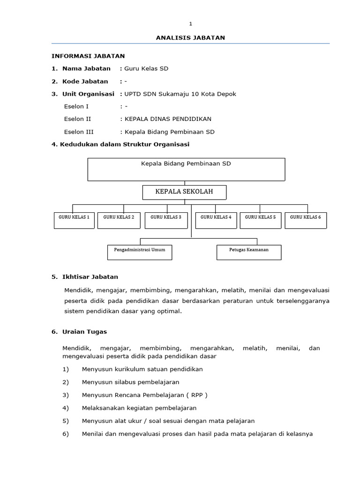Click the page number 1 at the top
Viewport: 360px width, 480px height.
point(190,24)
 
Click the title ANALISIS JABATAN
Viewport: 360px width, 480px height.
point(190,38)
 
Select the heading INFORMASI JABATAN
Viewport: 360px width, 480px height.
point(88,56)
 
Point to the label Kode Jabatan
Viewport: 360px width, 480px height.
point(85,81)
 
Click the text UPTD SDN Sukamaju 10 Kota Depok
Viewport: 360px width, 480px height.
point(180,94)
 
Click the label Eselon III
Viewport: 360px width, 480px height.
point(78,132)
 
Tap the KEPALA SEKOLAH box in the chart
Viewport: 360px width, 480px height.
point(184,192)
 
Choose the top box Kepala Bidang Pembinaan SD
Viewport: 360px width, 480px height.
point(186,169)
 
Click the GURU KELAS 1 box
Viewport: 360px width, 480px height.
point(74,220)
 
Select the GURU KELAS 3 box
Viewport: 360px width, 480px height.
point(165,220)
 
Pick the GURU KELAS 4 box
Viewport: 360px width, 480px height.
point(216,220)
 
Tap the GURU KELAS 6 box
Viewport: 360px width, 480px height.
point(306,220)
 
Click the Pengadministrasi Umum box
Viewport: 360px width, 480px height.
point(140,252)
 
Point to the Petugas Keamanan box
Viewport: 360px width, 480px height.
point(249,252)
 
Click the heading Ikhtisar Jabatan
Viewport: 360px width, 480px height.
point(90,277)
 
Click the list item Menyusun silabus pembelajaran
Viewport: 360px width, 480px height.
point(130,382)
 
